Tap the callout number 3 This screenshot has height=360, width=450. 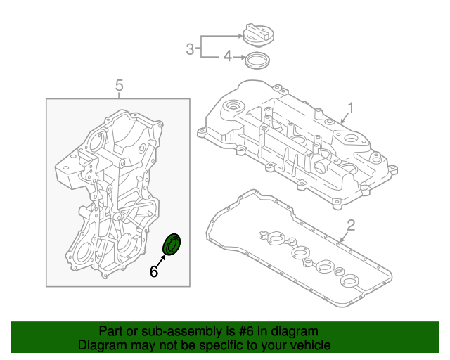click(190, 49)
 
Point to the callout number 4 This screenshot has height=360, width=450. click(227, 56)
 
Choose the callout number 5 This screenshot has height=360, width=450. click(119, 86)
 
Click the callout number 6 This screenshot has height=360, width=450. click(154, 271)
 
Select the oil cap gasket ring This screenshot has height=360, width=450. click(257, 60)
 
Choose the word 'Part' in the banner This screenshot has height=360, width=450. click(111, 331)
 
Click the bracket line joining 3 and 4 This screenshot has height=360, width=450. click(202, 46)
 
